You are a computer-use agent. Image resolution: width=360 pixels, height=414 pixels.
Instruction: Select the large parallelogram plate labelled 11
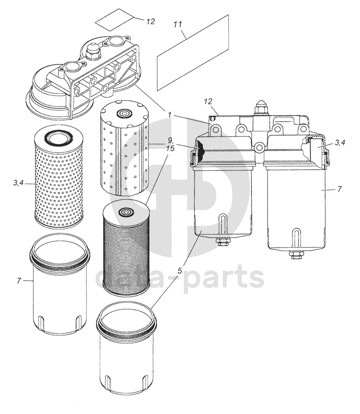[x=193, y=52]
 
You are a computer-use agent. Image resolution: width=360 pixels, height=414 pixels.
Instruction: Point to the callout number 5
[x=180, y=269]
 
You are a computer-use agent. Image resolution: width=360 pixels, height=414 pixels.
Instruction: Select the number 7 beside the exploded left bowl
[x=19, y=281]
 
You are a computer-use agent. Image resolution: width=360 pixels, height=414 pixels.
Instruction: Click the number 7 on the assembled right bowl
[x=339, y=189]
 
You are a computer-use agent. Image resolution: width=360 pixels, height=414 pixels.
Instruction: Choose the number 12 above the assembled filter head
[x=209, y=102]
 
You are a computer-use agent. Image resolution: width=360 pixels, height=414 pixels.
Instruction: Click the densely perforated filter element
[x=59, y=177]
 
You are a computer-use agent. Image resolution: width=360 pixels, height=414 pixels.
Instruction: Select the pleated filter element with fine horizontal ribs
[x=126, y=248]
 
